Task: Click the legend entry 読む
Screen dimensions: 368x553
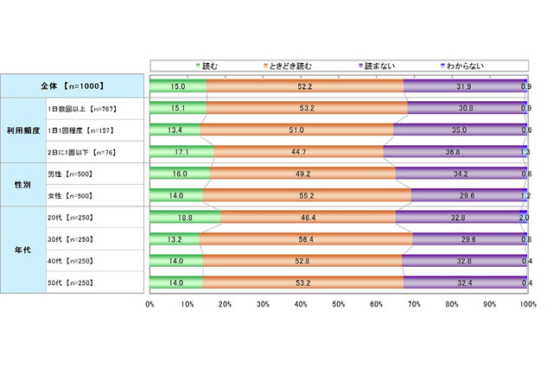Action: pos(210,65)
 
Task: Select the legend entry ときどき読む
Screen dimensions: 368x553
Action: pos(289,65)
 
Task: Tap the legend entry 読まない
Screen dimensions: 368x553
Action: pos(379,65)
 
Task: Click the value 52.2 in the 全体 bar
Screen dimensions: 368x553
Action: pos(304,86)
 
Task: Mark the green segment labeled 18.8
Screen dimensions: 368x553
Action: pos(185,218)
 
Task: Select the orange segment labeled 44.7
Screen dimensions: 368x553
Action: pos(298,152)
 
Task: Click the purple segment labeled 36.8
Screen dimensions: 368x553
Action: pos(452,152)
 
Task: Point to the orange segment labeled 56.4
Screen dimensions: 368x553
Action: pos(306,240)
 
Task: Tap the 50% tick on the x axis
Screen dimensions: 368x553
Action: pos(339,305)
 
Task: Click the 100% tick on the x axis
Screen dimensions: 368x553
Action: pos(526,305)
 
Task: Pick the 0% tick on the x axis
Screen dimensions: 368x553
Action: pos(150,305)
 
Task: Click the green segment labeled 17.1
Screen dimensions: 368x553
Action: pos(181,152)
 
